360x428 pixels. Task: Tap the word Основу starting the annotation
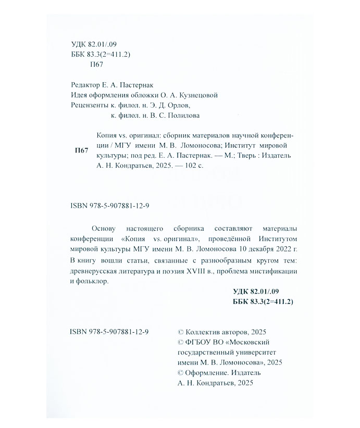click(x=104, y=229)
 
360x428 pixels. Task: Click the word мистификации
click(x=276, y=271)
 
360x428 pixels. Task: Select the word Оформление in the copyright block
click(x=207, y=372)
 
